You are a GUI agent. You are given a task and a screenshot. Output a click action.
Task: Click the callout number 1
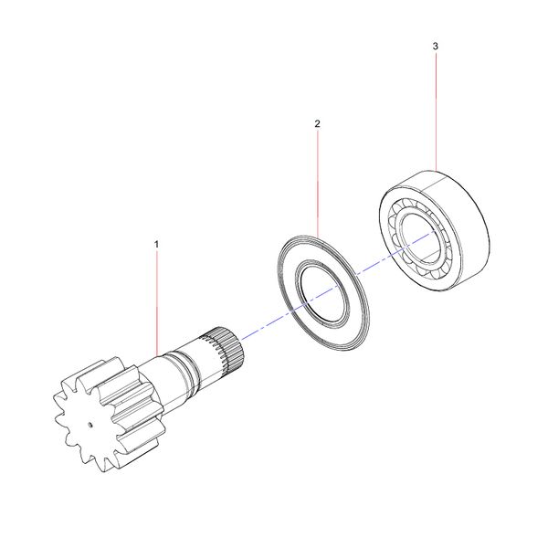coord(156,245)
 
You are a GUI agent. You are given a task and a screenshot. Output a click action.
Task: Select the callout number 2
coord(317,122)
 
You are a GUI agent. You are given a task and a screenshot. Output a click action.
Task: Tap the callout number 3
coord(436,45)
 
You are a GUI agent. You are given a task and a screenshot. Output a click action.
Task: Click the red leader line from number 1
coord(156,301)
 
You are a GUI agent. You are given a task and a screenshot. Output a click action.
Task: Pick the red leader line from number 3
coord(436,110)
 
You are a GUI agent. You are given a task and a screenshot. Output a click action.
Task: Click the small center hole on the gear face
coord(93,426)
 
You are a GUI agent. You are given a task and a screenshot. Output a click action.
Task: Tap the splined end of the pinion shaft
coord(227,346)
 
